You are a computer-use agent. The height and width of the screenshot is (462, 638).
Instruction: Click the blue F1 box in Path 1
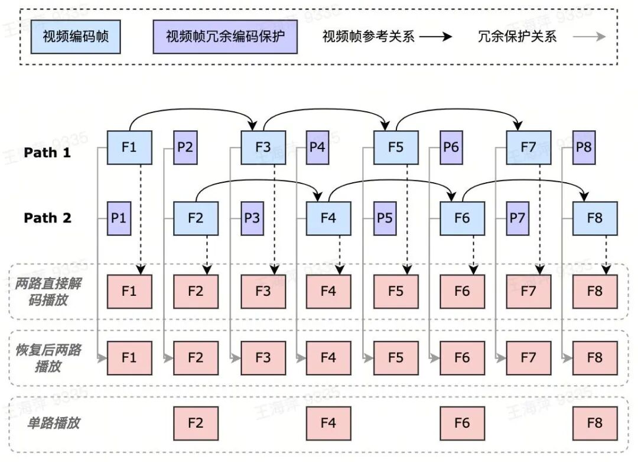coord(129,147)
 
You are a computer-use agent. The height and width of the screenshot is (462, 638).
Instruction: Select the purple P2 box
coord(185,147)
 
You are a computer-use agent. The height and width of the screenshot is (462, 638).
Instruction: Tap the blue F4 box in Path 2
coord(328,218)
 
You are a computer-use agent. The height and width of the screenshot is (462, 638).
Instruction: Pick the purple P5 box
coord(385,218)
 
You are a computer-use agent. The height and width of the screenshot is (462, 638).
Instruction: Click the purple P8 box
coord(584,147)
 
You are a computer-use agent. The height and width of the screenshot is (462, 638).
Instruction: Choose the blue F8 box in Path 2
coord(595,218)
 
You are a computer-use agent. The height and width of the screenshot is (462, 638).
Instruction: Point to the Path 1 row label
coord(47,153)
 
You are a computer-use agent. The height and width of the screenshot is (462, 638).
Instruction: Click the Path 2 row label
coord(47,218)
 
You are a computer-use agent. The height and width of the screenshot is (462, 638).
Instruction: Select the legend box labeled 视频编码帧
coord(76,37)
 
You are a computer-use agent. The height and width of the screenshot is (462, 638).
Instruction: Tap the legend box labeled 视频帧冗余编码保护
coord(225,37)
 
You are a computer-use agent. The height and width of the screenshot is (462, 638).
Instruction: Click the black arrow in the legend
coord(436,37)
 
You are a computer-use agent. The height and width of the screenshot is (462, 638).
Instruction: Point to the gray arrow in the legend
coord(589,37)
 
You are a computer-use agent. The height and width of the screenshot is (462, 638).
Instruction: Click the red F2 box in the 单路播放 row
coord(196,424)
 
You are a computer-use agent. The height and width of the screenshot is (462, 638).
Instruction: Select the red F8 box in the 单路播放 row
coord(595,424)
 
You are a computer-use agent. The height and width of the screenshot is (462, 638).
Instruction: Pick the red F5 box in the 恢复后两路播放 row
coord(396,358)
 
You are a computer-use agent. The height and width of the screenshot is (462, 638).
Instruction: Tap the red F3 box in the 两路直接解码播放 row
coord(263,292)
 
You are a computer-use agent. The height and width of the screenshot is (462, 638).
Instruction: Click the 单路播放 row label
coord(53,423)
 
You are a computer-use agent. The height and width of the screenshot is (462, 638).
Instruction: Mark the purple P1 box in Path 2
coord(119,218)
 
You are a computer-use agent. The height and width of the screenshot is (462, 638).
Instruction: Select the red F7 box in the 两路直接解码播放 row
coord(529,292)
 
